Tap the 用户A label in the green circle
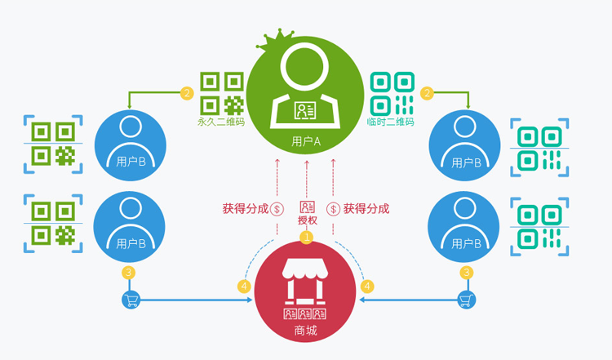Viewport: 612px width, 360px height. [x=306, y=141]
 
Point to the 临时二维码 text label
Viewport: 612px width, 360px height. [x=391, y=122]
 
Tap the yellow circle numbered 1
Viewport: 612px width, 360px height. [x=307, y=238]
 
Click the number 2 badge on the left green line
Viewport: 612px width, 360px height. [x=187, y=93]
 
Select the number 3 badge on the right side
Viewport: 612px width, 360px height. [x=466, y=273]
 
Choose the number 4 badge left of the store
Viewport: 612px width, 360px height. [x=243, y=287]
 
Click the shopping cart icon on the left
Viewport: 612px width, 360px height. [x=131, y=300]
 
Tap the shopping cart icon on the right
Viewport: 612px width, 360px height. [x=466, y=300]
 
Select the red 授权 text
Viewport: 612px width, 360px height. [x=307, y=220]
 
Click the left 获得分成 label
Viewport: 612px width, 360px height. [x=245, y=208]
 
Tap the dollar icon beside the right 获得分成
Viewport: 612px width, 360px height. [x=333, y=208]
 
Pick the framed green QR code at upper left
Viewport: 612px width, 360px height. [x=53, y=144]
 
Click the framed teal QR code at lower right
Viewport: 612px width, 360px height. [x=539, y=224]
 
